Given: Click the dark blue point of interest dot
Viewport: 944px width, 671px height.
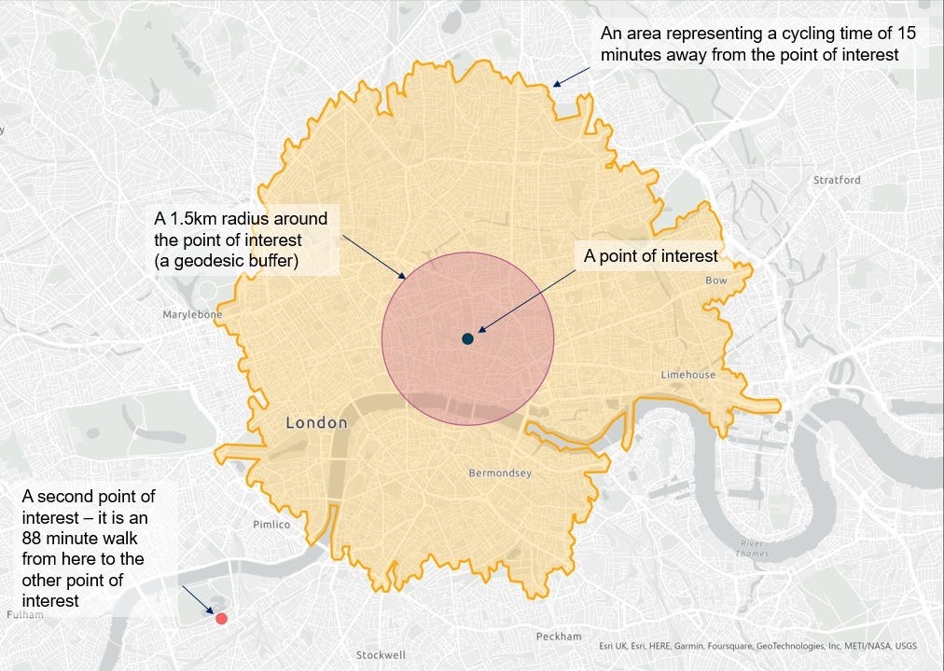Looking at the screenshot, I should point(467,339).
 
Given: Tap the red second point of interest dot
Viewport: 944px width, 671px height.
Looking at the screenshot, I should point(221,618).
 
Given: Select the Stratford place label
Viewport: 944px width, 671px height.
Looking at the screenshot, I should point(837,180).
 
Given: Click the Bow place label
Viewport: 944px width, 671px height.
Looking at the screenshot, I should point(716,281).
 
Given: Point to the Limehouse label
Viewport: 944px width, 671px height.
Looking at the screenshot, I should point(688,375).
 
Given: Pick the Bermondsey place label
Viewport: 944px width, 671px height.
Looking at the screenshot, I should point(500,473).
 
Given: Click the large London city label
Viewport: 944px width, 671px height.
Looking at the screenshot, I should point(316,423).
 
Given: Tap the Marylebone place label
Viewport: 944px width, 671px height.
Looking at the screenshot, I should point(193,315).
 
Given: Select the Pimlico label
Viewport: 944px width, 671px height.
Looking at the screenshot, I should point(271,525).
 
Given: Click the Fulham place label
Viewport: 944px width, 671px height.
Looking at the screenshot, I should point(24,615).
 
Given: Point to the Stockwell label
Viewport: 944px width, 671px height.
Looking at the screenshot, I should point(382,655).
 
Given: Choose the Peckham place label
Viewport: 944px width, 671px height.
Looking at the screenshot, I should point(559,637).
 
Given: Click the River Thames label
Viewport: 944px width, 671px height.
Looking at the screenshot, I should point(752,548).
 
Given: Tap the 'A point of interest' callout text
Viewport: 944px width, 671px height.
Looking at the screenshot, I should point(651,256).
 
